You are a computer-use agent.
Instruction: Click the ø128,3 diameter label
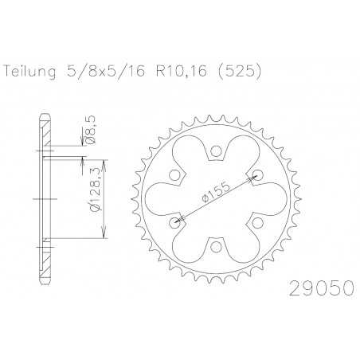[95, 196]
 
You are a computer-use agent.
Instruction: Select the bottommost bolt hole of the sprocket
[217, 246]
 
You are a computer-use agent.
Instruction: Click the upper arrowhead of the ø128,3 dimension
[104, 159]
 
